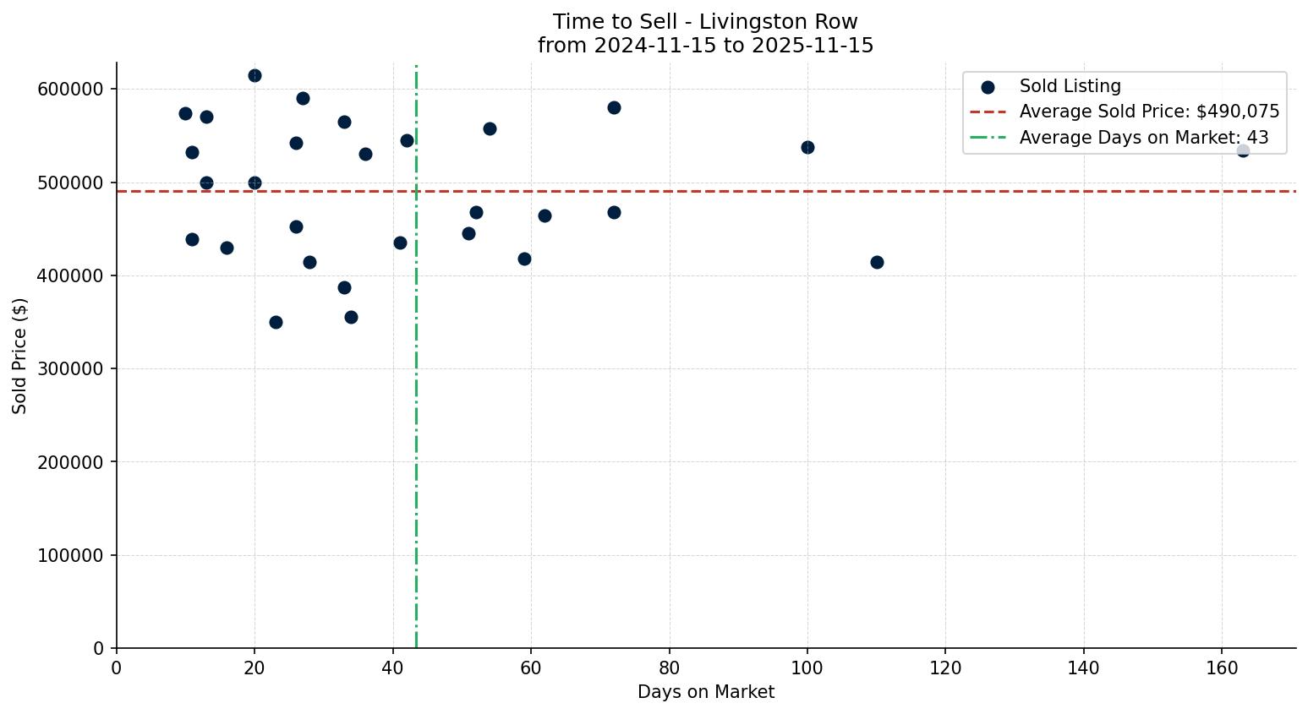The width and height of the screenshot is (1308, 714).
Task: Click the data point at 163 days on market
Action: click(x=1242, y=150)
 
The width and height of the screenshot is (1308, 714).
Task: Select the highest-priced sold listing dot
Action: click(x=254, y=75)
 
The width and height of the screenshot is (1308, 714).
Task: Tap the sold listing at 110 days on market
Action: click(x=877, y=262)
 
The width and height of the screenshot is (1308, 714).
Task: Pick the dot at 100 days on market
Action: click(x=807, y=147)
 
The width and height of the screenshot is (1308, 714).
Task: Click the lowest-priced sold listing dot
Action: click(x=276, y=322)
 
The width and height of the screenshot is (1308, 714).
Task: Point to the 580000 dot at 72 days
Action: click(x=614, y=107)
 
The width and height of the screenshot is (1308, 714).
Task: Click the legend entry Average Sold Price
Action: click(x=1149, y=112)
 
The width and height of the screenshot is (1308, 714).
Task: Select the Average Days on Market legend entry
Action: click(x=1143, y=138)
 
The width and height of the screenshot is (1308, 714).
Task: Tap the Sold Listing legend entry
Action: click(x=1070, y=86)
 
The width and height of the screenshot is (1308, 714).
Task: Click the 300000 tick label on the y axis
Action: click(x=70, y=369)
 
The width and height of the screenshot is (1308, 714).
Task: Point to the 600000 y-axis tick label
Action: click(x=70, y=90)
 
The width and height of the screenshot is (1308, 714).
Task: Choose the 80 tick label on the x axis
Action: click(x=669, y=668)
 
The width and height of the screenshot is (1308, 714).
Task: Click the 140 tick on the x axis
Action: click(x=1083, y=668)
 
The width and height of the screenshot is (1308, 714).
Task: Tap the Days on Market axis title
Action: click(x=705, y=692)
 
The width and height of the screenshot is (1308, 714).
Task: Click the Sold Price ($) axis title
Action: click(x=19, y=356)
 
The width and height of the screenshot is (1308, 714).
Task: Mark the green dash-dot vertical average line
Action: click(x=416, y=507)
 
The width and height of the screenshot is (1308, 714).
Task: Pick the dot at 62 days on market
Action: click(x=545, y=215)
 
